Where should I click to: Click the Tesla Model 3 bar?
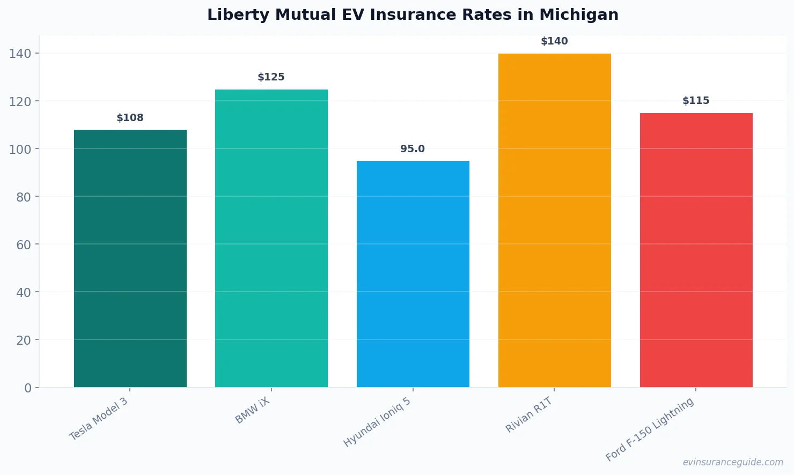point(130,258)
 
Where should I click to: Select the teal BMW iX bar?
point(271,238)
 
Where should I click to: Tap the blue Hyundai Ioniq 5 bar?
point(413,274)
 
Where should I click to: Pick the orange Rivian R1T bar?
point(555,220)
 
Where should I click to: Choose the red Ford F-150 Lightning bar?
point(696,250)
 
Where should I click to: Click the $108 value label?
point(130,118)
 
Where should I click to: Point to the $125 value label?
point(271,77)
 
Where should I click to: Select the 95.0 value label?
point(413,149)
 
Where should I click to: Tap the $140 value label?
point(554,41)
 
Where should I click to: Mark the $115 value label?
point(696,101)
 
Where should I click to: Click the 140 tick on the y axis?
point(20,54)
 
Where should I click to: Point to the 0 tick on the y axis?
point(28,388)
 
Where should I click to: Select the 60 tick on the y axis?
point(24,245)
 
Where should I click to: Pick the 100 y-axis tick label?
point(20,150)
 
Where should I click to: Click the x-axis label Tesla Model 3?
point(99,419)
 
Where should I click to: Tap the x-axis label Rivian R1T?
point(529,415)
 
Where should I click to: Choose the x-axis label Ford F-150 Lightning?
point(650,430)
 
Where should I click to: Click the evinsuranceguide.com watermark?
point(733,462)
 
